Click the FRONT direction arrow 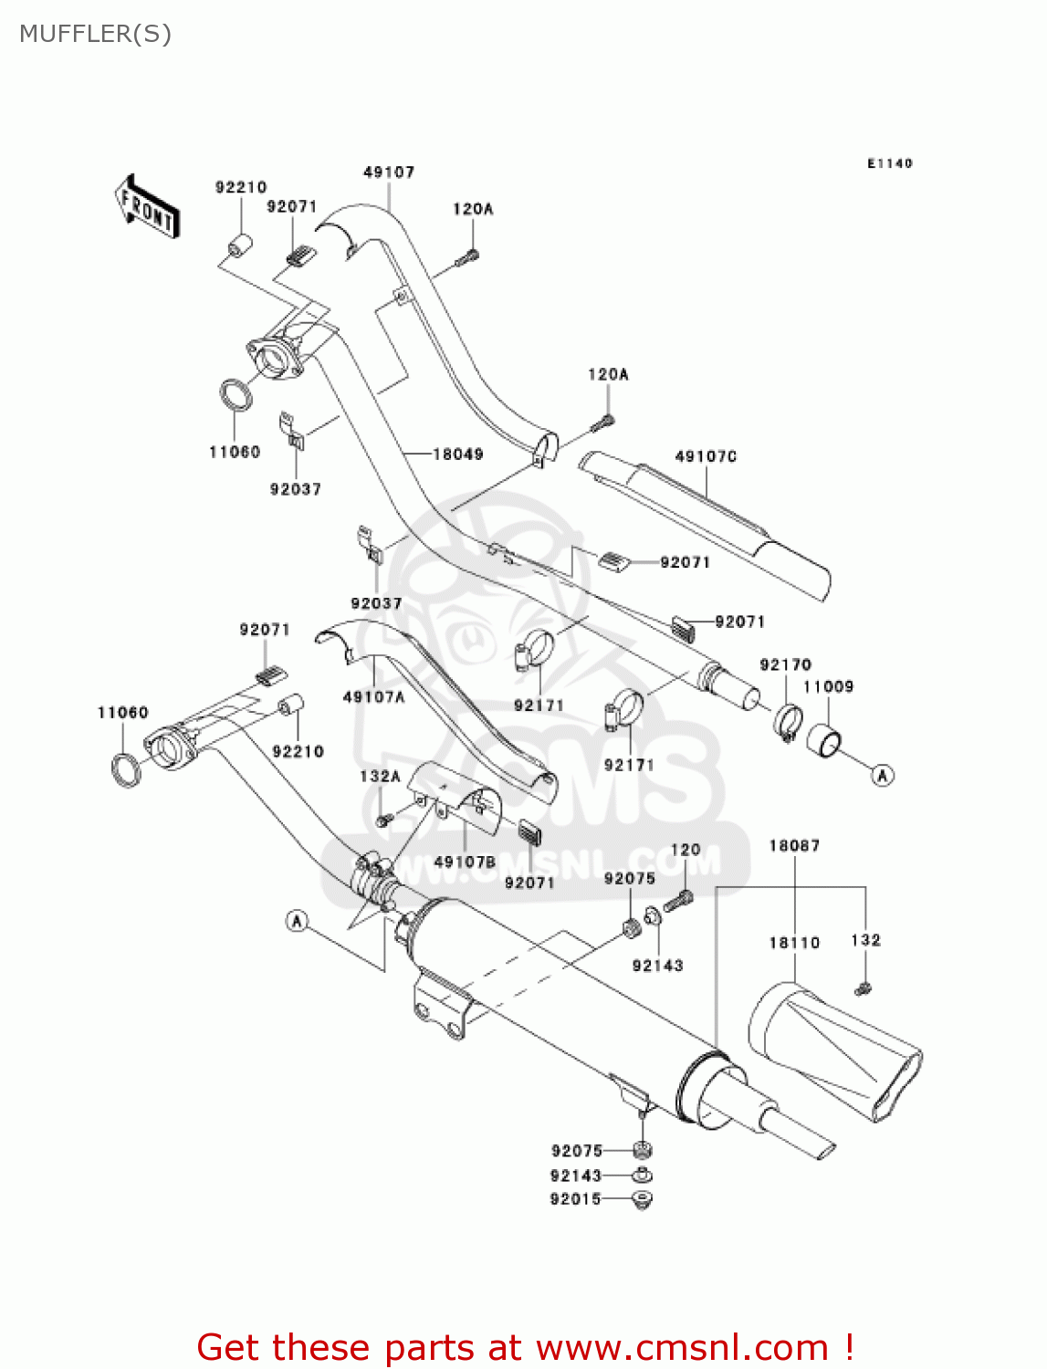tap(146, 207)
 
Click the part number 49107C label tap(706, 456)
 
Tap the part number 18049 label tap(457, 454)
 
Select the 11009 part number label tap(828, 686)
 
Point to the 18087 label tap(794, 846)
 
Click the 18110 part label tap(794, 943)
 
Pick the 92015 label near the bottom tap(576, 1199)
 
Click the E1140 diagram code tap(890, 163)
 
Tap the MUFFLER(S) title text tap(96, 34)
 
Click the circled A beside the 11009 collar tap(882, 776)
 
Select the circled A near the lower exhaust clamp tap(298, 921)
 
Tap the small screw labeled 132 tap(863, 988)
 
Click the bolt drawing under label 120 tap(678, 901)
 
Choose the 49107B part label tap(465, 862)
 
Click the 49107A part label tap(373, 697)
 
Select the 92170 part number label tap(785, 664)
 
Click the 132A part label tap(380, 777)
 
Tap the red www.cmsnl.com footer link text tap(682, 1347)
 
